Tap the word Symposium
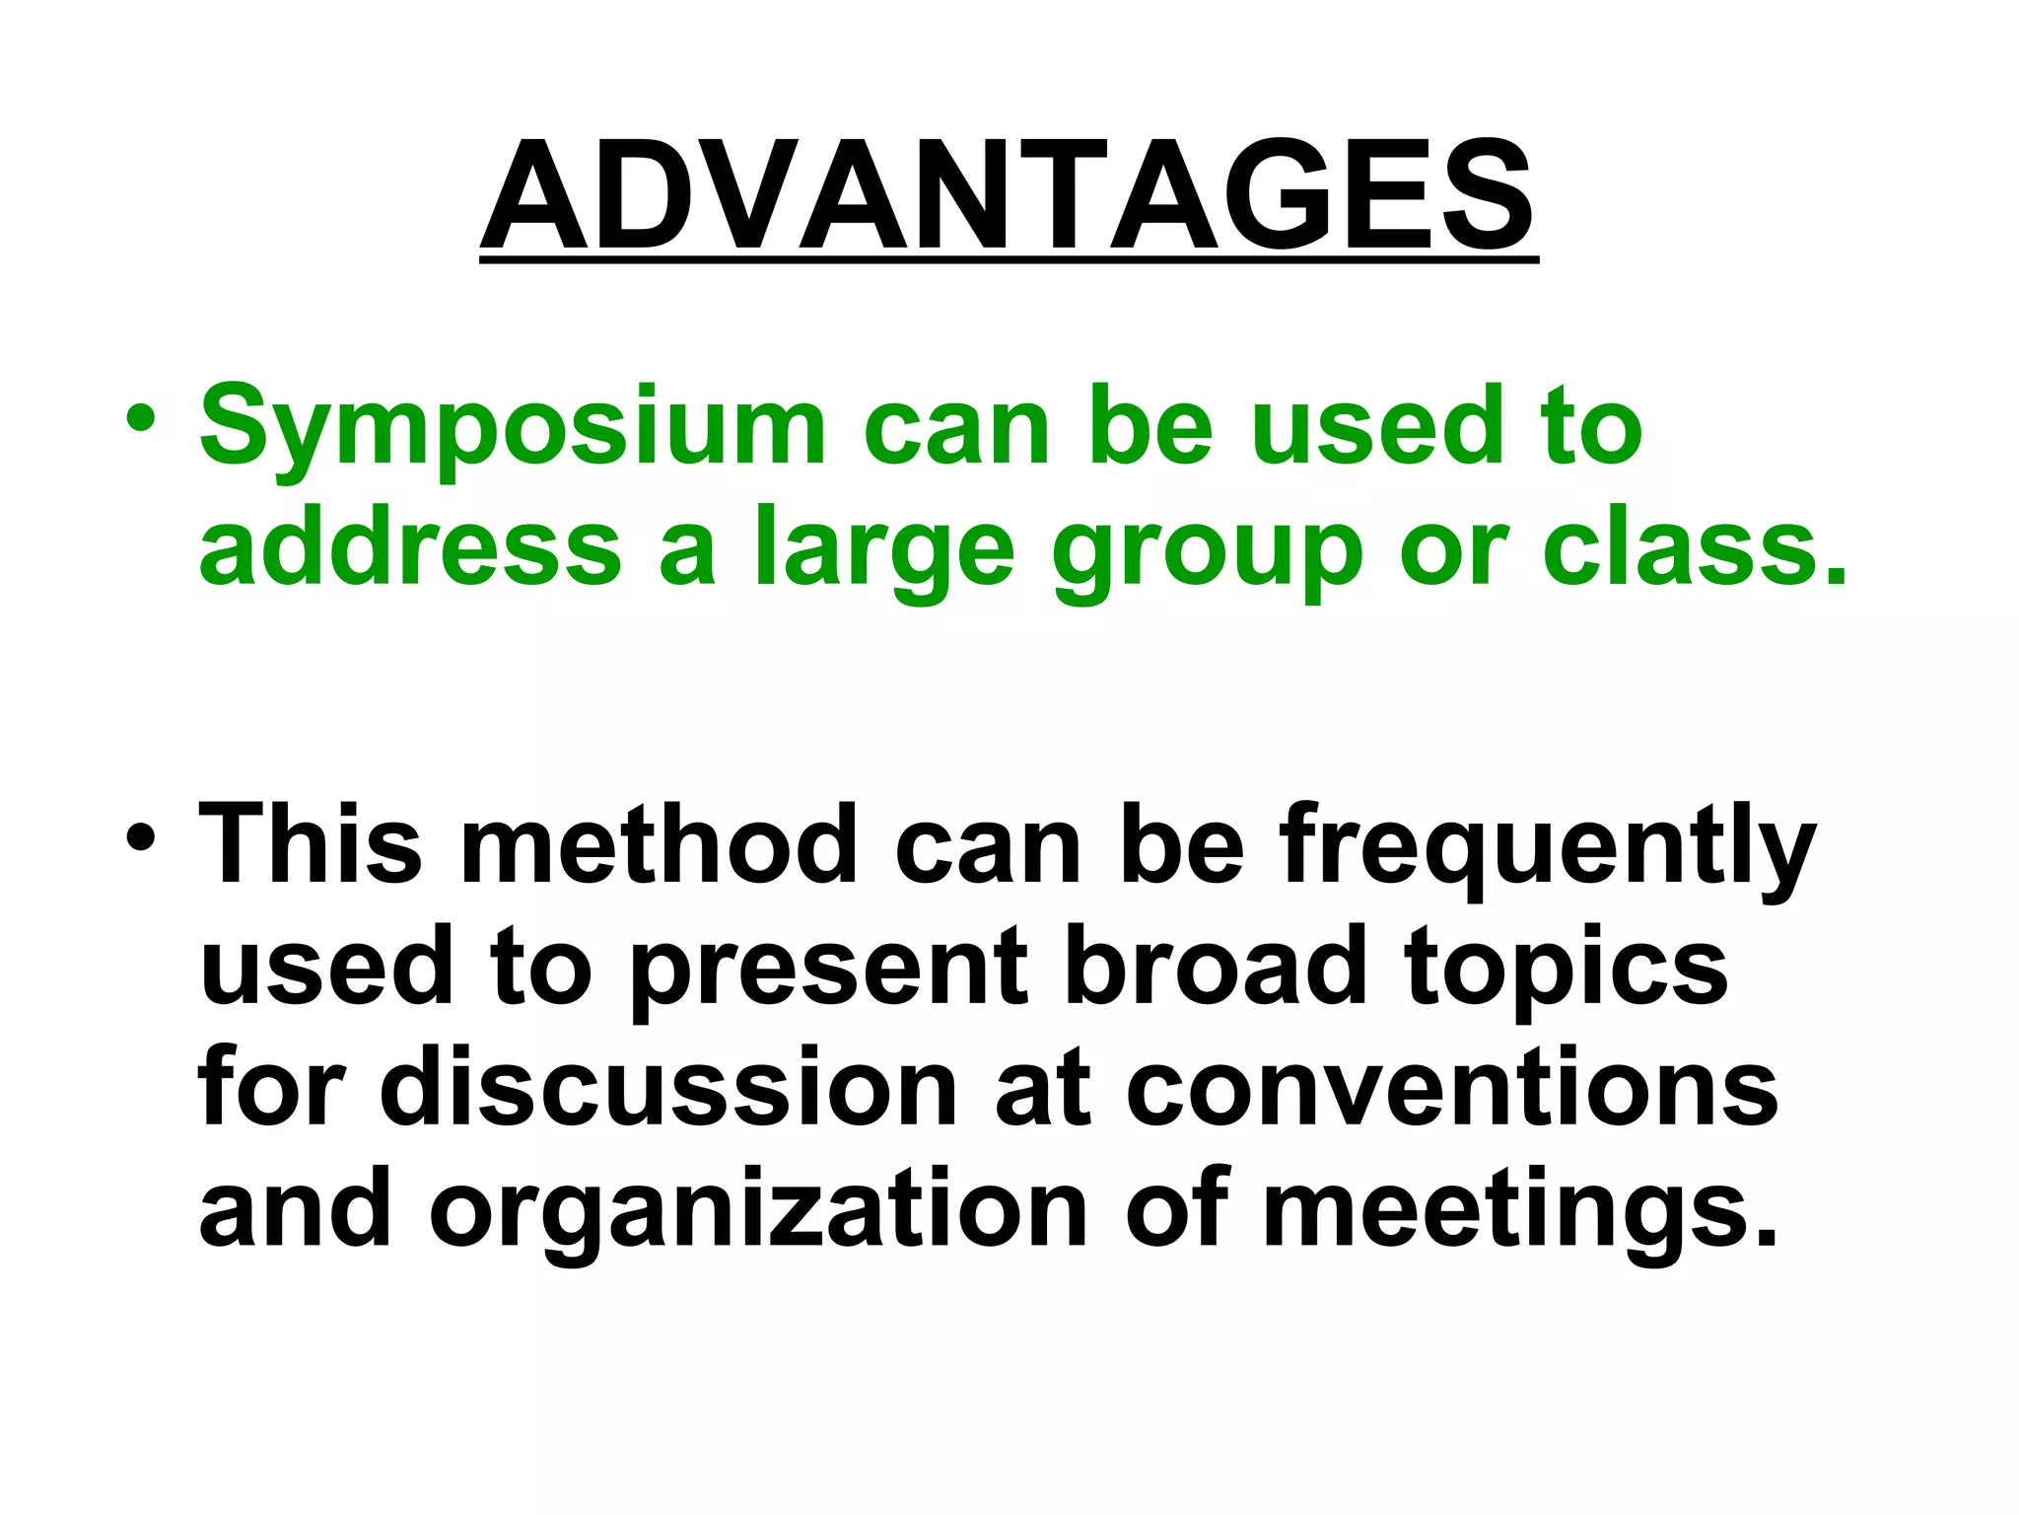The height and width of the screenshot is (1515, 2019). point(513,429)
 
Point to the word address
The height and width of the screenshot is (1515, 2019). point(410,547)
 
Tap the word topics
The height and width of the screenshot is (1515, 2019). point(1566,972)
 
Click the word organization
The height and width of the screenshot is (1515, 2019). point(758,1213)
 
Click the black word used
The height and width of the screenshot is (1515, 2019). point(326,967)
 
